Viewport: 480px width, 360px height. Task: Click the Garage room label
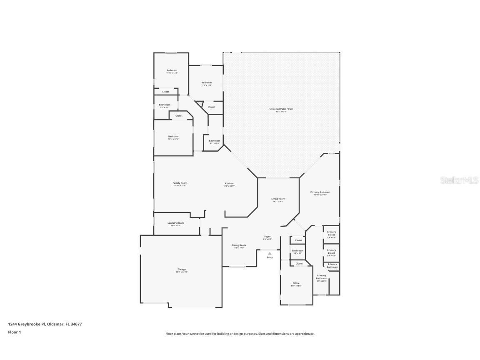click(x=182, y=270)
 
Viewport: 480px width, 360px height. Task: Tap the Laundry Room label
click(x=175, y=223)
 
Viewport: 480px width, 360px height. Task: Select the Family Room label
click(x=180, y=183)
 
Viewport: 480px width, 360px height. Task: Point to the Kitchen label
click(x=229, y=183)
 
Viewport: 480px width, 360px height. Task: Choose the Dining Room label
click(x=239, y=245)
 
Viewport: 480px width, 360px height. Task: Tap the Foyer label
click(x=267, y=237)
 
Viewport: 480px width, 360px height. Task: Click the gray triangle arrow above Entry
click(x=270, y=253)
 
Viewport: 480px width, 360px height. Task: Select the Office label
click(x=296, y=283)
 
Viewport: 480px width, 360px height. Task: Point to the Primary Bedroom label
click(x=320, y=192)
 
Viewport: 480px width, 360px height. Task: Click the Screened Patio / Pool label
click(x=281, y=109)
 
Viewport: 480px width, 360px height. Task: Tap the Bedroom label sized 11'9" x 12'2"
click(x=206, y=82)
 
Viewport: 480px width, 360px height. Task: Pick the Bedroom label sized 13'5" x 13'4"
click(x=173, y=136)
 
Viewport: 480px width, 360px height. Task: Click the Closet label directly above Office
click(x=299, y=263)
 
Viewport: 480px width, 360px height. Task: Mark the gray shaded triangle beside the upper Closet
click(x=200, y=104)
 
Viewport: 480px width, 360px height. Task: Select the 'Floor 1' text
click(x=14, y=332)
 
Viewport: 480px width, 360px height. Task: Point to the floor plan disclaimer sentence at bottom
click(x=240, y=334)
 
